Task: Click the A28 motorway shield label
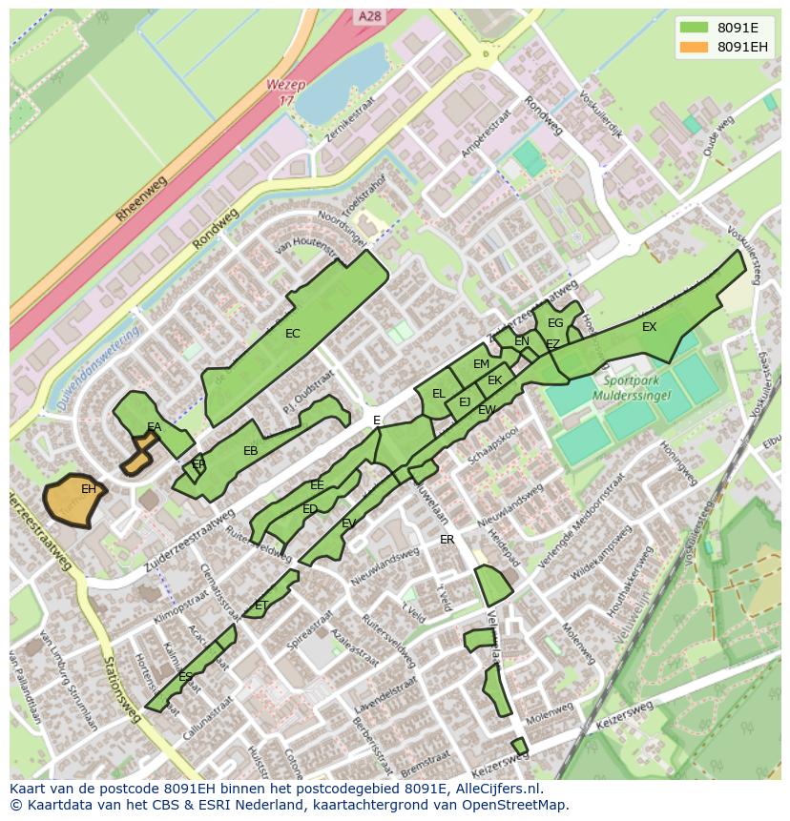[370, 16]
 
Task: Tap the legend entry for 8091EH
[743, 47]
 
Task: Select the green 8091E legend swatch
[694, 27]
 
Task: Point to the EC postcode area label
[293, 334]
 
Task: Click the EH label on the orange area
[88, 489]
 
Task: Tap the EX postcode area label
[649, 327]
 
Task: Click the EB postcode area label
[251, 451]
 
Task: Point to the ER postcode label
[447, 540]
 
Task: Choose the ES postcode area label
[185, 677]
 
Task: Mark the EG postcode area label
[555, 323]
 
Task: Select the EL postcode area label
[439, 393]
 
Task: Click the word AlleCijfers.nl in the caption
[496, 789]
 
